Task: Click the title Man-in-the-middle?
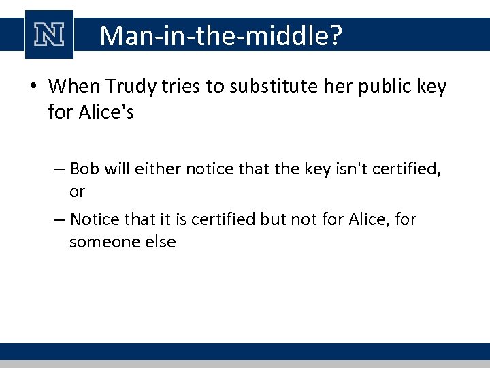click(219, 35)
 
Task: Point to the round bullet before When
click(33, 87)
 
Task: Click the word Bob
click(84, 168)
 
